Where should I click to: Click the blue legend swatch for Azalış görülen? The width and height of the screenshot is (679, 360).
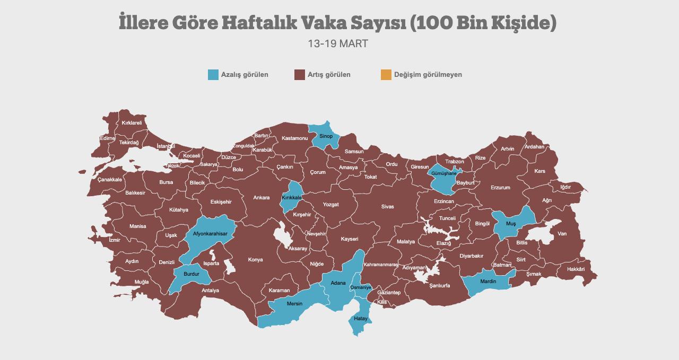[x=213, y=75]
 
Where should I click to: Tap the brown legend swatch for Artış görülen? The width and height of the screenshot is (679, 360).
[x=299, y=75]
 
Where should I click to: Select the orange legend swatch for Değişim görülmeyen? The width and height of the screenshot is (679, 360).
[x=386, y=75]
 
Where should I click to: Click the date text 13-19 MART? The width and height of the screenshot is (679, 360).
[x=338, y=43]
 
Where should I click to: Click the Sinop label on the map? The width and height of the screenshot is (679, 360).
[x=326, y=136]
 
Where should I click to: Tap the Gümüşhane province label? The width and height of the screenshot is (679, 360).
[x=444, y=173]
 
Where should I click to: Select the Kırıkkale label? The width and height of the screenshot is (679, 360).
[x=292, y=197]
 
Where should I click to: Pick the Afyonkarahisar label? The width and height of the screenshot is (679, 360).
[x=210, y=234]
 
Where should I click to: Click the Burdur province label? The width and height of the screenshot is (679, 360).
[x=191, y=274]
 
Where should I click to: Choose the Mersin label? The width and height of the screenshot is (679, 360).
[x=294, y=304]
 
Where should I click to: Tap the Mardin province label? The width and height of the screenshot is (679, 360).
[x=488, y=282]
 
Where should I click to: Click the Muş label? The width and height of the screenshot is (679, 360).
[x=511, y=224]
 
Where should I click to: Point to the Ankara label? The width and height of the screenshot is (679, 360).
[x=262, y=198]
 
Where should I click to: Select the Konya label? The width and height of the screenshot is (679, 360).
[x=256, y=260]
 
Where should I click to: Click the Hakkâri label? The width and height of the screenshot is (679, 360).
[x=576, y=269]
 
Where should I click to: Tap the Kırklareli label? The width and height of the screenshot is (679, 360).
[x=132, y=123]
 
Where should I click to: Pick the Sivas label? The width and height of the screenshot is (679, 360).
[x=388, y=207]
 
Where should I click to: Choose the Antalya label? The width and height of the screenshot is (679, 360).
[x=211, y=291]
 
